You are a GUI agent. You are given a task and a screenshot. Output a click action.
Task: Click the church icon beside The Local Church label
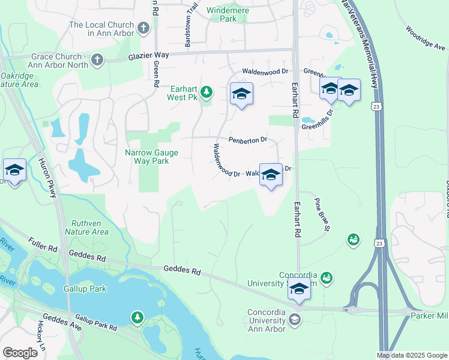(x=143, y=28)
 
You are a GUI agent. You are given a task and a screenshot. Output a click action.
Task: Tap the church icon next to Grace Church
(x=97, y=60)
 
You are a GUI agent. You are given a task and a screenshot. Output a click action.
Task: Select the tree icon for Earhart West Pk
(x=206, y=92)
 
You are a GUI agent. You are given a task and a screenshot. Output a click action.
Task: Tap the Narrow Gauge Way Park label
(x=151, y=157)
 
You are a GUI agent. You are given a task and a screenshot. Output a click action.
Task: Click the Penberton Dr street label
(x=247, y=140)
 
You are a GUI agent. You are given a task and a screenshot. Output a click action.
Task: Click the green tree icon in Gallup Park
(x=138, y=316)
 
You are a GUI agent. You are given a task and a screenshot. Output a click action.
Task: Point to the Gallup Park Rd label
(x=96, y=323)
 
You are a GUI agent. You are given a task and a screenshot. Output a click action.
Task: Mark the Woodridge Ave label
(x=425, y=37)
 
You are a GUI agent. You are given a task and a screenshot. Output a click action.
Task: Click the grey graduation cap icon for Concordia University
(x=295, y=319)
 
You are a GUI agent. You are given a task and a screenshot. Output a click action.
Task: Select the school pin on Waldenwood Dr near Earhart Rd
(x=271, y=175)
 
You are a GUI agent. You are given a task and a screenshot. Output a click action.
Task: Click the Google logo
(x=20, y=353)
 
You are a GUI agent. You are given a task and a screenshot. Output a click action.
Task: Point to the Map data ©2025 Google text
(x=411, y=355)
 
